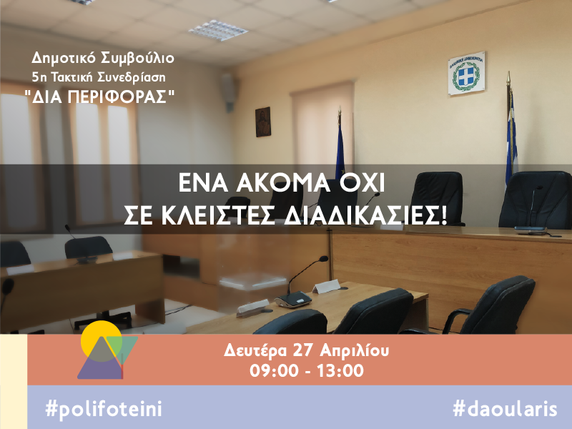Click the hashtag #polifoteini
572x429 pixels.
(x=104, y=408)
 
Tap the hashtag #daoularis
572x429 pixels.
(x=505, y=408)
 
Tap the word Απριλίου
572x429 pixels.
(x=354, y=351)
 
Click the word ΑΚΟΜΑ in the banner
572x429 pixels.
(x=282, y=183)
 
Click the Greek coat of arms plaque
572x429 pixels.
(x=466, y=74)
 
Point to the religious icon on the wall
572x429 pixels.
(x=263, y=122)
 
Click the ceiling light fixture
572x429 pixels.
(x=218, y=30)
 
